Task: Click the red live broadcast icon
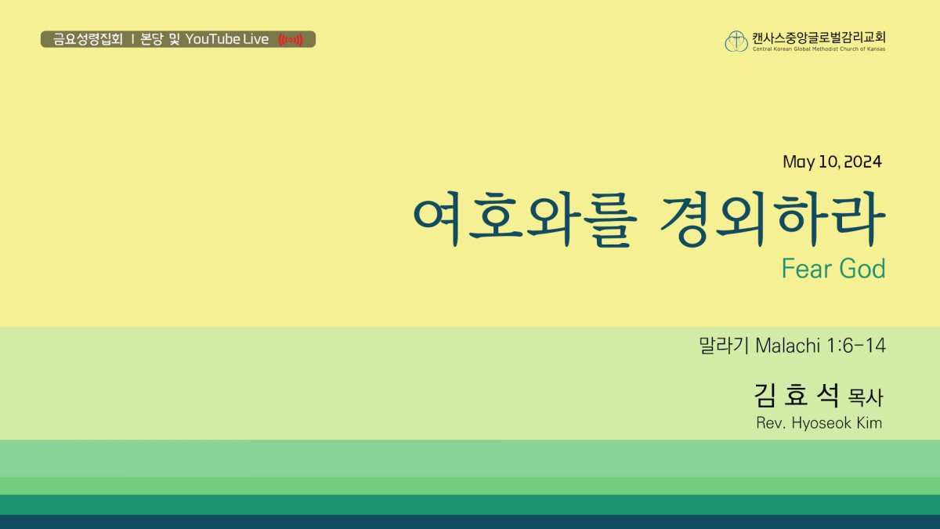(291, 40)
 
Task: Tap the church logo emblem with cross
(736, 41)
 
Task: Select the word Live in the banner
(255, 39)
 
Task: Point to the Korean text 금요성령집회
(88, 39)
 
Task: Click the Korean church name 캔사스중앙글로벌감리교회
(819, 38)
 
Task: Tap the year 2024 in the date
(862, 161)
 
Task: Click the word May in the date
(798, 162)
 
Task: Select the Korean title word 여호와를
(525, 219)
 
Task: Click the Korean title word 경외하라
(773, 219)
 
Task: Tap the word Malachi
(788, 346)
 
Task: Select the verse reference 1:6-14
(856, 346)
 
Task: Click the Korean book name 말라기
(724, 346)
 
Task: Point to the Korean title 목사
(866, 397)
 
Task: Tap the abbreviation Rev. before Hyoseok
(771, 422)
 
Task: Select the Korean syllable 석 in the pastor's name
(828, 396)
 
